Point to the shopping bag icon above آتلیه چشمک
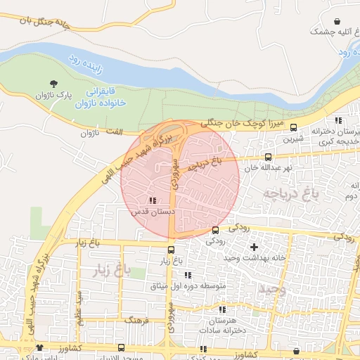coord(337,21)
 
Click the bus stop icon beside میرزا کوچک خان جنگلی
coord(293,127)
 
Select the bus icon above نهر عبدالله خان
coord(268,157)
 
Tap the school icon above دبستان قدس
coord(153,200)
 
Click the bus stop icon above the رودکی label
coord(215,230)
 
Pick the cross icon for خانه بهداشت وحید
coord(254,247)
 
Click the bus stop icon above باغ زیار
coord(171,250)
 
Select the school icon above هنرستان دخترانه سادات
coord(222,309)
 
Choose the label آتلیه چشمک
coord(330,32)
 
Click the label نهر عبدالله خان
coord(268,168)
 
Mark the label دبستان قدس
coord(147,211)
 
